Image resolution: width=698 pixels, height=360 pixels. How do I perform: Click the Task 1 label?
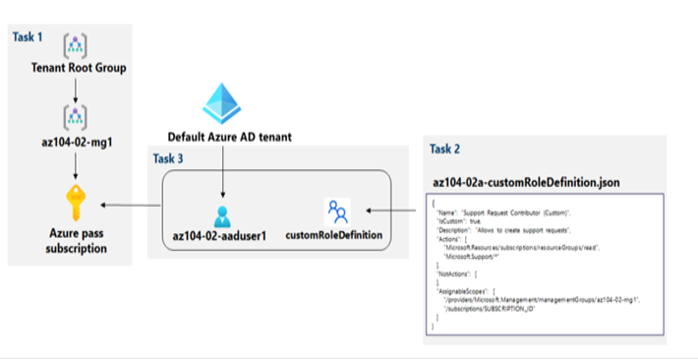point(28,36)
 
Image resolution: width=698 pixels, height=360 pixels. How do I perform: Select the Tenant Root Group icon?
point(76,44)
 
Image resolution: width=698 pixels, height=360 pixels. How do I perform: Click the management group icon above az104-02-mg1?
point(76,117)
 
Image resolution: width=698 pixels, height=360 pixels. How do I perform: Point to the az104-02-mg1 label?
point(76,143)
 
